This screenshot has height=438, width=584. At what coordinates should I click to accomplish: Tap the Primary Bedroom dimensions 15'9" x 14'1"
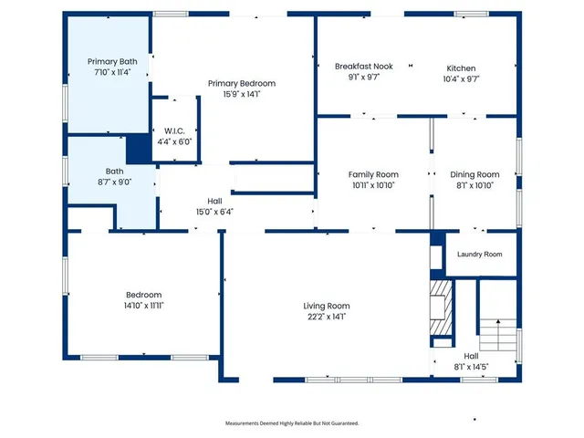(x=241, y=94)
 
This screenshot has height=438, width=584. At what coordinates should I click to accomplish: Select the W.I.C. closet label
(x=174, y=131)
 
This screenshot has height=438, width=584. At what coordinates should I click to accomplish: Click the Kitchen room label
(x=461, y=68)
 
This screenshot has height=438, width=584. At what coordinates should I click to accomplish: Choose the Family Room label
(x=373, y=174)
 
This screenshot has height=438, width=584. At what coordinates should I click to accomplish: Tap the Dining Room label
(x=474, y=174)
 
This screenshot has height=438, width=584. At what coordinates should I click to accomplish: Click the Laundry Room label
(x=479, y=255)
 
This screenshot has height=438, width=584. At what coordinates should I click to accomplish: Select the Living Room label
(x=327, y=306)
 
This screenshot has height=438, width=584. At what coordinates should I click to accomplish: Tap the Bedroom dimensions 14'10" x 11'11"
(x=143, y=306)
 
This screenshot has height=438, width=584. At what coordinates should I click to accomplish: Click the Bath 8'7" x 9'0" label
(x=114, y=182)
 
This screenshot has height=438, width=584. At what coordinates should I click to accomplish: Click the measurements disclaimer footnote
(x=292, y=423)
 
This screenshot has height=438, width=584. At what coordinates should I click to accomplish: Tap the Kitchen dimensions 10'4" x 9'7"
(x=461, y=78)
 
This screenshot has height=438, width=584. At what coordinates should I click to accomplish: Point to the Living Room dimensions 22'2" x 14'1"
(x=327, y=317)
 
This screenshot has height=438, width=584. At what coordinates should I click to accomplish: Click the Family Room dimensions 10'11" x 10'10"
(x=373, y=185)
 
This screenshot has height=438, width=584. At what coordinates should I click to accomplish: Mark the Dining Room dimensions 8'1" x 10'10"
(x=474, y=185)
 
